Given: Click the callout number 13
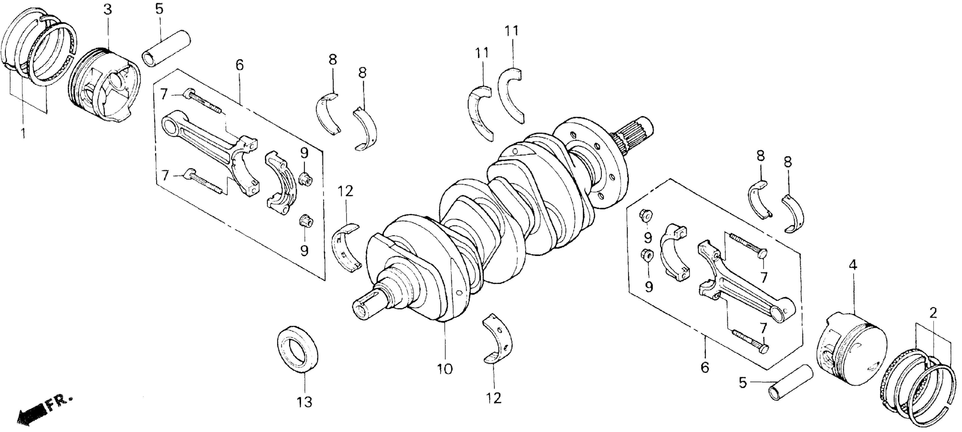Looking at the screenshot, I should tap(304, 403).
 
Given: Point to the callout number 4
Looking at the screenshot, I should tap(853, 265).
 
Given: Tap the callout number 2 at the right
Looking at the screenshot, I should tap(933, 313).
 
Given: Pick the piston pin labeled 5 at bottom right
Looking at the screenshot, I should tap(791, 383).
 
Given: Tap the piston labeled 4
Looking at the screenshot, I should tap(851, 351).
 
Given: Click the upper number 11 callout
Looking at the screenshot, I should tap(512, 31).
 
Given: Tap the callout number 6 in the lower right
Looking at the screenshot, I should tap(704, 368).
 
